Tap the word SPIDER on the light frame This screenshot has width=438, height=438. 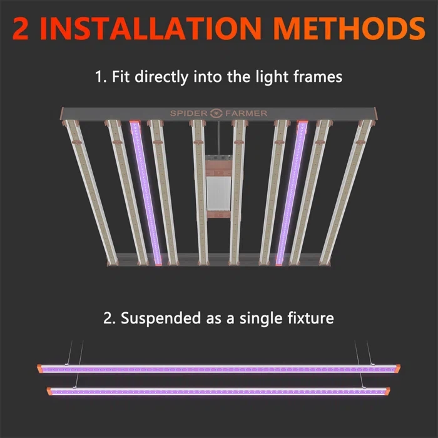pos(190,113)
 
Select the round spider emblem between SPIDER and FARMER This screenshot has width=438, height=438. pos(218,113)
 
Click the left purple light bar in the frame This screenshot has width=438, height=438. pos(146,191)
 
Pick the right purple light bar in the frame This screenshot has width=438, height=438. pos(292,191)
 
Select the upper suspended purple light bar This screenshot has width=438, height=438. pos(219,369)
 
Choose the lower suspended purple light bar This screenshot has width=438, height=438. pos(219,392)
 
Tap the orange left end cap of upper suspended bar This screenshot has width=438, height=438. pos(40,368)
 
